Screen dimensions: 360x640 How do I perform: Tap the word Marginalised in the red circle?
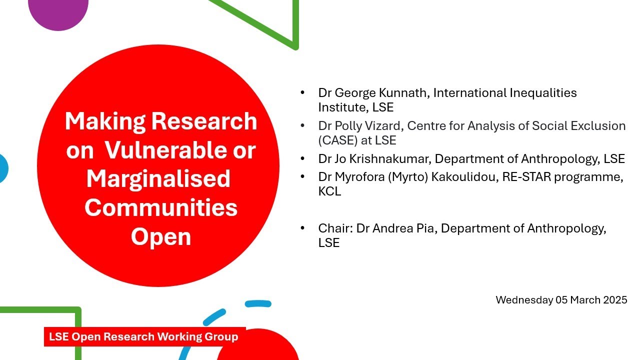coord(158,178)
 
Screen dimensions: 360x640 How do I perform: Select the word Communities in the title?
coord(161,207)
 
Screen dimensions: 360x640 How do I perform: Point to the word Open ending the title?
coord(161,236)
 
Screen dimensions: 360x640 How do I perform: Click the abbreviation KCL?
coord(329,191)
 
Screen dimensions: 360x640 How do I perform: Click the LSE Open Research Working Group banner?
coord(144,336)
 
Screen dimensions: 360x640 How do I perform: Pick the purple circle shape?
coord(58,11)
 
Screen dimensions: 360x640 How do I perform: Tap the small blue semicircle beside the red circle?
coord(3,168)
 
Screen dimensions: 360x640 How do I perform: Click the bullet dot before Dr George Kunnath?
coord(302,93)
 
